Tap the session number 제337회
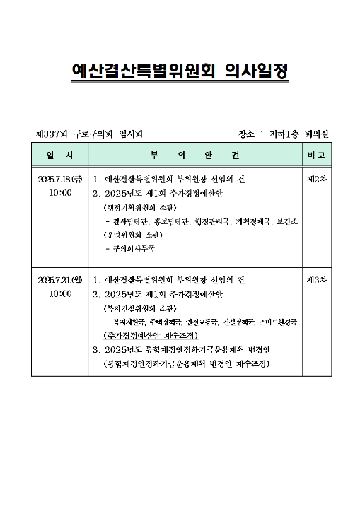[50, 134]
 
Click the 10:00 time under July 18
[60, 193]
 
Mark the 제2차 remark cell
[316, 180]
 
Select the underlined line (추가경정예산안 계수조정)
[149, 335]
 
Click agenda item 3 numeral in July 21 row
[95, 349]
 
